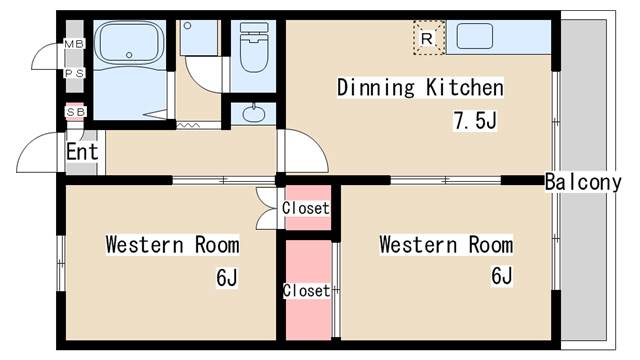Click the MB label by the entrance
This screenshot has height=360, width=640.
tap(74, 44)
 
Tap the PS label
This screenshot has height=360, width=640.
tap(74, 73)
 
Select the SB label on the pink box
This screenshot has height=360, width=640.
tap(75, 112)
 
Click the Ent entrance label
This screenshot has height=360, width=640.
tap(82, 152)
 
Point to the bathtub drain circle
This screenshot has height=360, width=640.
tap(129, 55)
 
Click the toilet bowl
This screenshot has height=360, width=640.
tap(254, 52)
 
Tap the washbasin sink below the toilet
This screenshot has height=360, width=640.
tap(253, 113)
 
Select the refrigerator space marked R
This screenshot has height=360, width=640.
tap(429, 38)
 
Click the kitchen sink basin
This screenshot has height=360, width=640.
tap(474, 36)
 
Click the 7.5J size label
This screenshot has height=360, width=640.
tap(475, 120)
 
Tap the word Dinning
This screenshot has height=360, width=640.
tap(376, 87)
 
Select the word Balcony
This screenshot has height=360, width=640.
tap(583, 182)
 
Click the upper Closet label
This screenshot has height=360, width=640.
tap(306, 208)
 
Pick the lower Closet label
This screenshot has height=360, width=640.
tap(307, 291)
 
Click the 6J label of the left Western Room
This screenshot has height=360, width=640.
tap(227, 278)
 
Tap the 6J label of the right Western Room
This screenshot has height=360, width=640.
tap(501, 276)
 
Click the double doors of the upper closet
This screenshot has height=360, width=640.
tap(266, 208)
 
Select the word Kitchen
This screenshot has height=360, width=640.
tap(465, 87)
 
